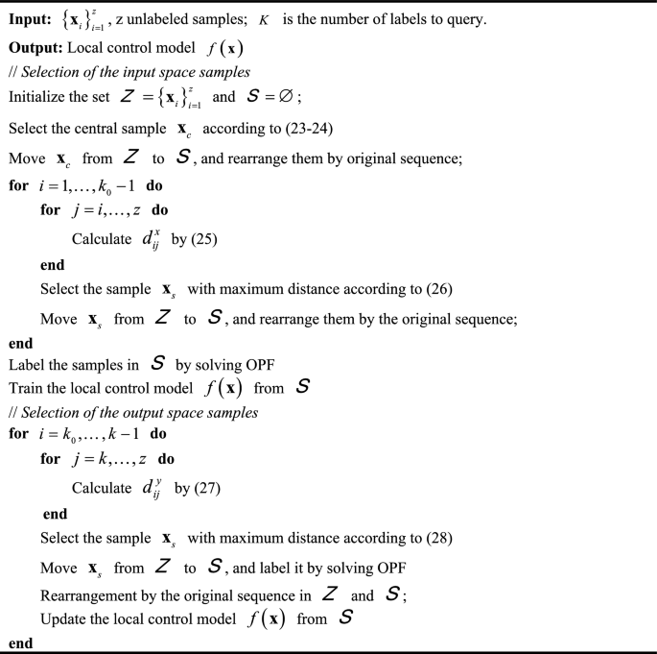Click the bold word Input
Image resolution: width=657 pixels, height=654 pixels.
coord(31,17)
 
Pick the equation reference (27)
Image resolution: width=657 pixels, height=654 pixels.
coord(202,488)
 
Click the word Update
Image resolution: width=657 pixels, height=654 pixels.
coord(64,619)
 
